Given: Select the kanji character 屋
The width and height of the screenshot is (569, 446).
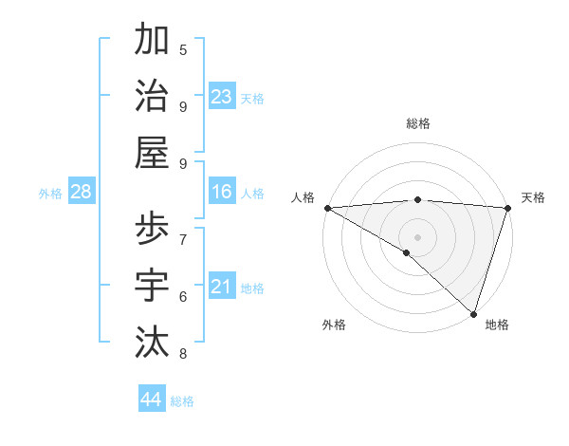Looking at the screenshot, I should tap(152, 152).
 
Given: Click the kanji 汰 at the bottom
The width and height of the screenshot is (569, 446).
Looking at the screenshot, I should tap(152, 342).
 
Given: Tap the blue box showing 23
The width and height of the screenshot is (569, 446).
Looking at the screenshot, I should tap(221, 96).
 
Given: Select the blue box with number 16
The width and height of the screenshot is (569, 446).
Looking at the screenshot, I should tap(221, 192).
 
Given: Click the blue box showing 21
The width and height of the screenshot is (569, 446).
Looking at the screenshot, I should tap(221, 287).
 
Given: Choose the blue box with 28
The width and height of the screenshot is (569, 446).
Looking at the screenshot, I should tap(82, 192).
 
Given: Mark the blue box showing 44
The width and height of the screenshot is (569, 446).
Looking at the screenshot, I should tap(152, 400).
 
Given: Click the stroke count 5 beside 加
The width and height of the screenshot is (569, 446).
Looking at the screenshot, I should tap(183, 49).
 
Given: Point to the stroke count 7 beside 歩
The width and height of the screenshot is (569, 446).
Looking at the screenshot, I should tap(183, 238).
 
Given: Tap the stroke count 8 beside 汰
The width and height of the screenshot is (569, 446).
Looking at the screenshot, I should tap(183, 354).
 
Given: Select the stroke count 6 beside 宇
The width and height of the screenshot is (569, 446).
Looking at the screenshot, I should tap(183, 296).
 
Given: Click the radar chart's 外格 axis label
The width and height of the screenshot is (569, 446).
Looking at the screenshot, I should tap(334, 325).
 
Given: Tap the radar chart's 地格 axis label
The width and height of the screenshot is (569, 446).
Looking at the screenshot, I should tap(497, 325).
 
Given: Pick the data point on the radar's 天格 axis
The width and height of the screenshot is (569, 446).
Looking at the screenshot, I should tap(507, 208).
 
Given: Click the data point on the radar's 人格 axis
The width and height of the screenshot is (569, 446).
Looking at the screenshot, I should tap(327, 208).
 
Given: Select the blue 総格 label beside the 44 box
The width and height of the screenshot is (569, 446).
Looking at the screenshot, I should tap(182, 401).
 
